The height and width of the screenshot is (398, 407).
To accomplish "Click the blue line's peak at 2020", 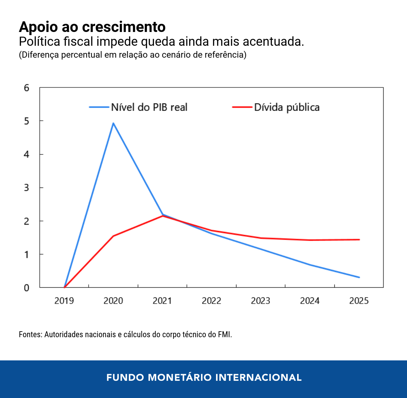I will click(x=113, y=123).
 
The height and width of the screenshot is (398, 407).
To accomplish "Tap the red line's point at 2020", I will click(x=113, y=236).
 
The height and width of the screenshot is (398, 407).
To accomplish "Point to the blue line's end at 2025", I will click(x=359, y=277).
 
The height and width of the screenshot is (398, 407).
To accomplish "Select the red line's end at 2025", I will click(x=359, y=239).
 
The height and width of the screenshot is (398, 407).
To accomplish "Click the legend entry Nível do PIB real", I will click(x=149, y=107).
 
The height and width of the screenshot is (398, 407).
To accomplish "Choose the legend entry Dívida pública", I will click(x=286, y=107).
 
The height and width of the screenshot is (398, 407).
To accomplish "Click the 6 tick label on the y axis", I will click(x=27, y=88).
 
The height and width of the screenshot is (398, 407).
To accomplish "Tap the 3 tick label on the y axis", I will click(x=27, y=188).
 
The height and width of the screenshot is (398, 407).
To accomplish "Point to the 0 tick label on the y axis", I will click(x=27, y=288).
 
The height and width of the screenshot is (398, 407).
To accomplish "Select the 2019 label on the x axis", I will click(x=64, y=301).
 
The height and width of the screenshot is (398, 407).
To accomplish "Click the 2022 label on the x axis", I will click(x=211, y=301).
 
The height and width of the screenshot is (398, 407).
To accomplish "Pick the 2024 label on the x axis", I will click(x=310, y=301).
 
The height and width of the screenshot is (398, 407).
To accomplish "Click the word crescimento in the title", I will click(x=124, y=27).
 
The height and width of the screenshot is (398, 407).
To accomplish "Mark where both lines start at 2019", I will click(x=64, y=287).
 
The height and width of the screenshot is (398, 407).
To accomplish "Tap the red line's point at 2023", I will click(x=261, y=238).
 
